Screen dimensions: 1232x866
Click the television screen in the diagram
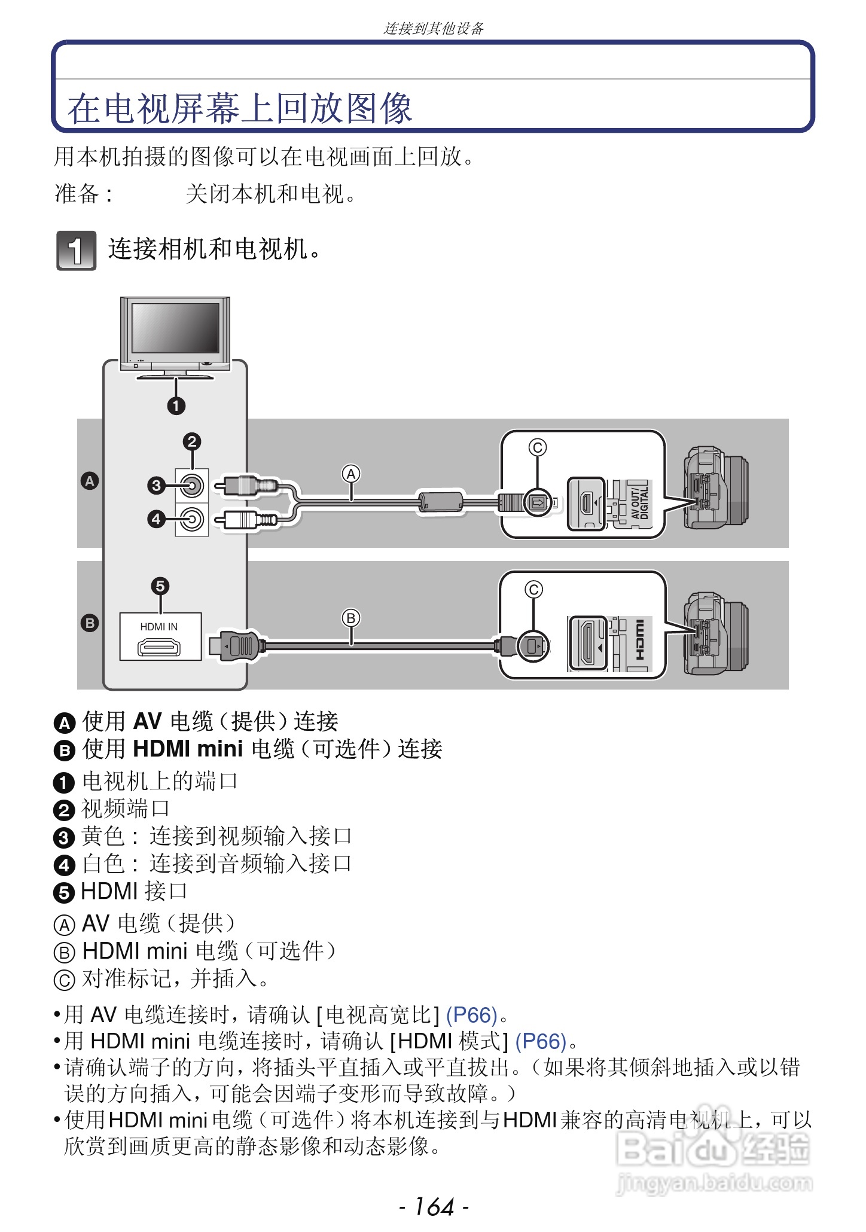click(x=175, y=328)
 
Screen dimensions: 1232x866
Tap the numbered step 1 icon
click(x=76, y=251)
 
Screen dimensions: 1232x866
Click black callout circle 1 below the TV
click(x=176, y=406)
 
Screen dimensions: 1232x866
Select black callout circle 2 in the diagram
click(x=192, y=442)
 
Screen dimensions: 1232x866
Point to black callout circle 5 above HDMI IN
click(x=160, y=586)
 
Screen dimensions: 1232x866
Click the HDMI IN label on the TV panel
click(x=159, y=627)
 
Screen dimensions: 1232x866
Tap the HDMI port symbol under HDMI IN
click(x=159, y=647)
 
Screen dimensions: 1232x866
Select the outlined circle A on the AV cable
click(x=351, y=474)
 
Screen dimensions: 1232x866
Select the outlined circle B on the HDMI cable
click(x=351, y=618)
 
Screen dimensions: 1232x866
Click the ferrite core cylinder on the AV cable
click(x=441, y=501)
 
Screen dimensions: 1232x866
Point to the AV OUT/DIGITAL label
click(x=640, y=502)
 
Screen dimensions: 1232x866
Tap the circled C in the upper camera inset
click(x=538, y=447)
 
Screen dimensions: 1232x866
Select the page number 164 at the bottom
click(x=434, y=1207)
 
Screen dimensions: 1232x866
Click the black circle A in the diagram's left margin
click(x=90, y=481)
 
